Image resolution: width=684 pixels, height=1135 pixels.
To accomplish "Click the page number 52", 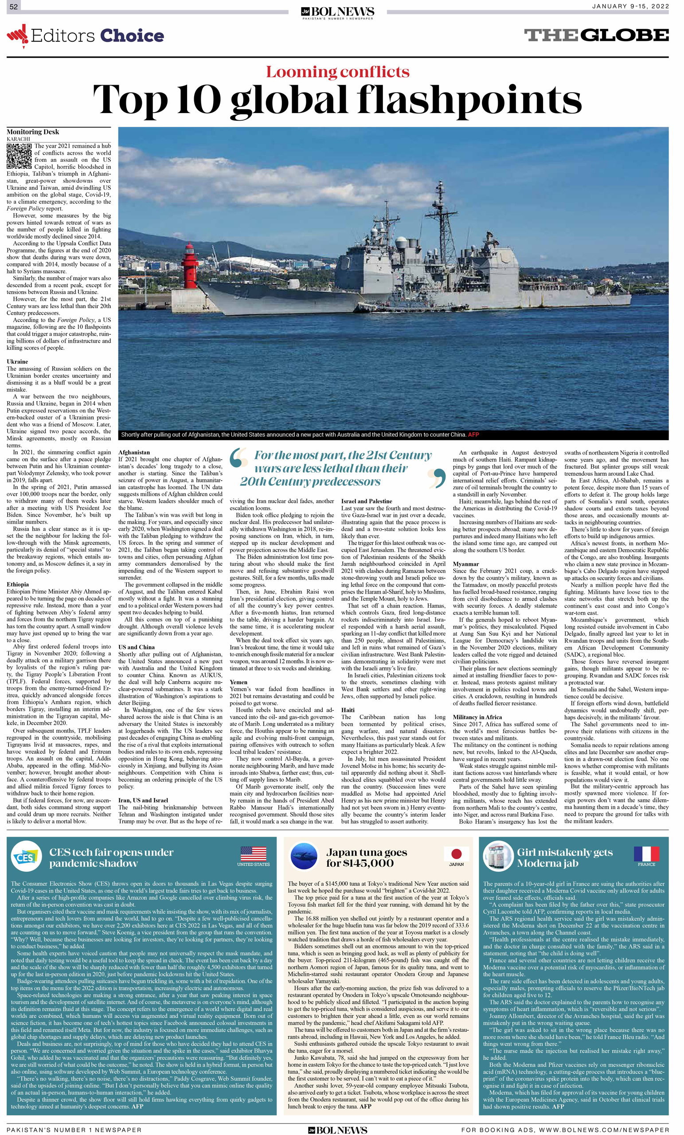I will [13, 7].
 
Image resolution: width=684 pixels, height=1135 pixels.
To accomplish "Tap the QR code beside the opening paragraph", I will [19, 156].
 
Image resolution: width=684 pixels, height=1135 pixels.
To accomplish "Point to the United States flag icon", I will [253, 853].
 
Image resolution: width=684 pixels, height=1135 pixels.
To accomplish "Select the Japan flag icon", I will [456, 853].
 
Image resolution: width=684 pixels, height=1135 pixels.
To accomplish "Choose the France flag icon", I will [646, 853].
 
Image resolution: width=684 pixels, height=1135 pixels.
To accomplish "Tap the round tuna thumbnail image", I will [305, 856].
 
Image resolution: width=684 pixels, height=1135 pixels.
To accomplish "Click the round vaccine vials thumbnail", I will [498, 856].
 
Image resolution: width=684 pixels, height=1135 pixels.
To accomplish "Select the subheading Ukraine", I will [17, 362].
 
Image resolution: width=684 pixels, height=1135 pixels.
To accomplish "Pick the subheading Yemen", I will [238, 682].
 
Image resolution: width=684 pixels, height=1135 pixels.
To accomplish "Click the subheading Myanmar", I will [465, 564].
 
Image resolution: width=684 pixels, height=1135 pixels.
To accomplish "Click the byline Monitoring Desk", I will [33, 132].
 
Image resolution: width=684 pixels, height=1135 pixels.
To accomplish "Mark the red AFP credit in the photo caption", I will [473, 434].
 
